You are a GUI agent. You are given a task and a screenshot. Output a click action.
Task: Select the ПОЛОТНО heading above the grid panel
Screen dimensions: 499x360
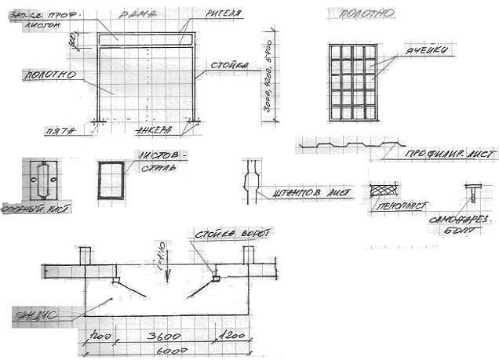click(360, 13)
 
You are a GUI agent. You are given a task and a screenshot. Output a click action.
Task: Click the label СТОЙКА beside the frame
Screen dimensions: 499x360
click(231, 65)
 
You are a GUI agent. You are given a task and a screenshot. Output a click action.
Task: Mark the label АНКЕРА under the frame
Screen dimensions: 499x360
click(154, 129)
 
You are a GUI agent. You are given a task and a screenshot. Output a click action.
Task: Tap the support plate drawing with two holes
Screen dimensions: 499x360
click(42, 180)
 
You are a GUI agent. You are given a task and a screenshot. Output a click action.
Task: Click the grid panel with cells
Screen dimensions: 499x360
click(352, 82)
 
